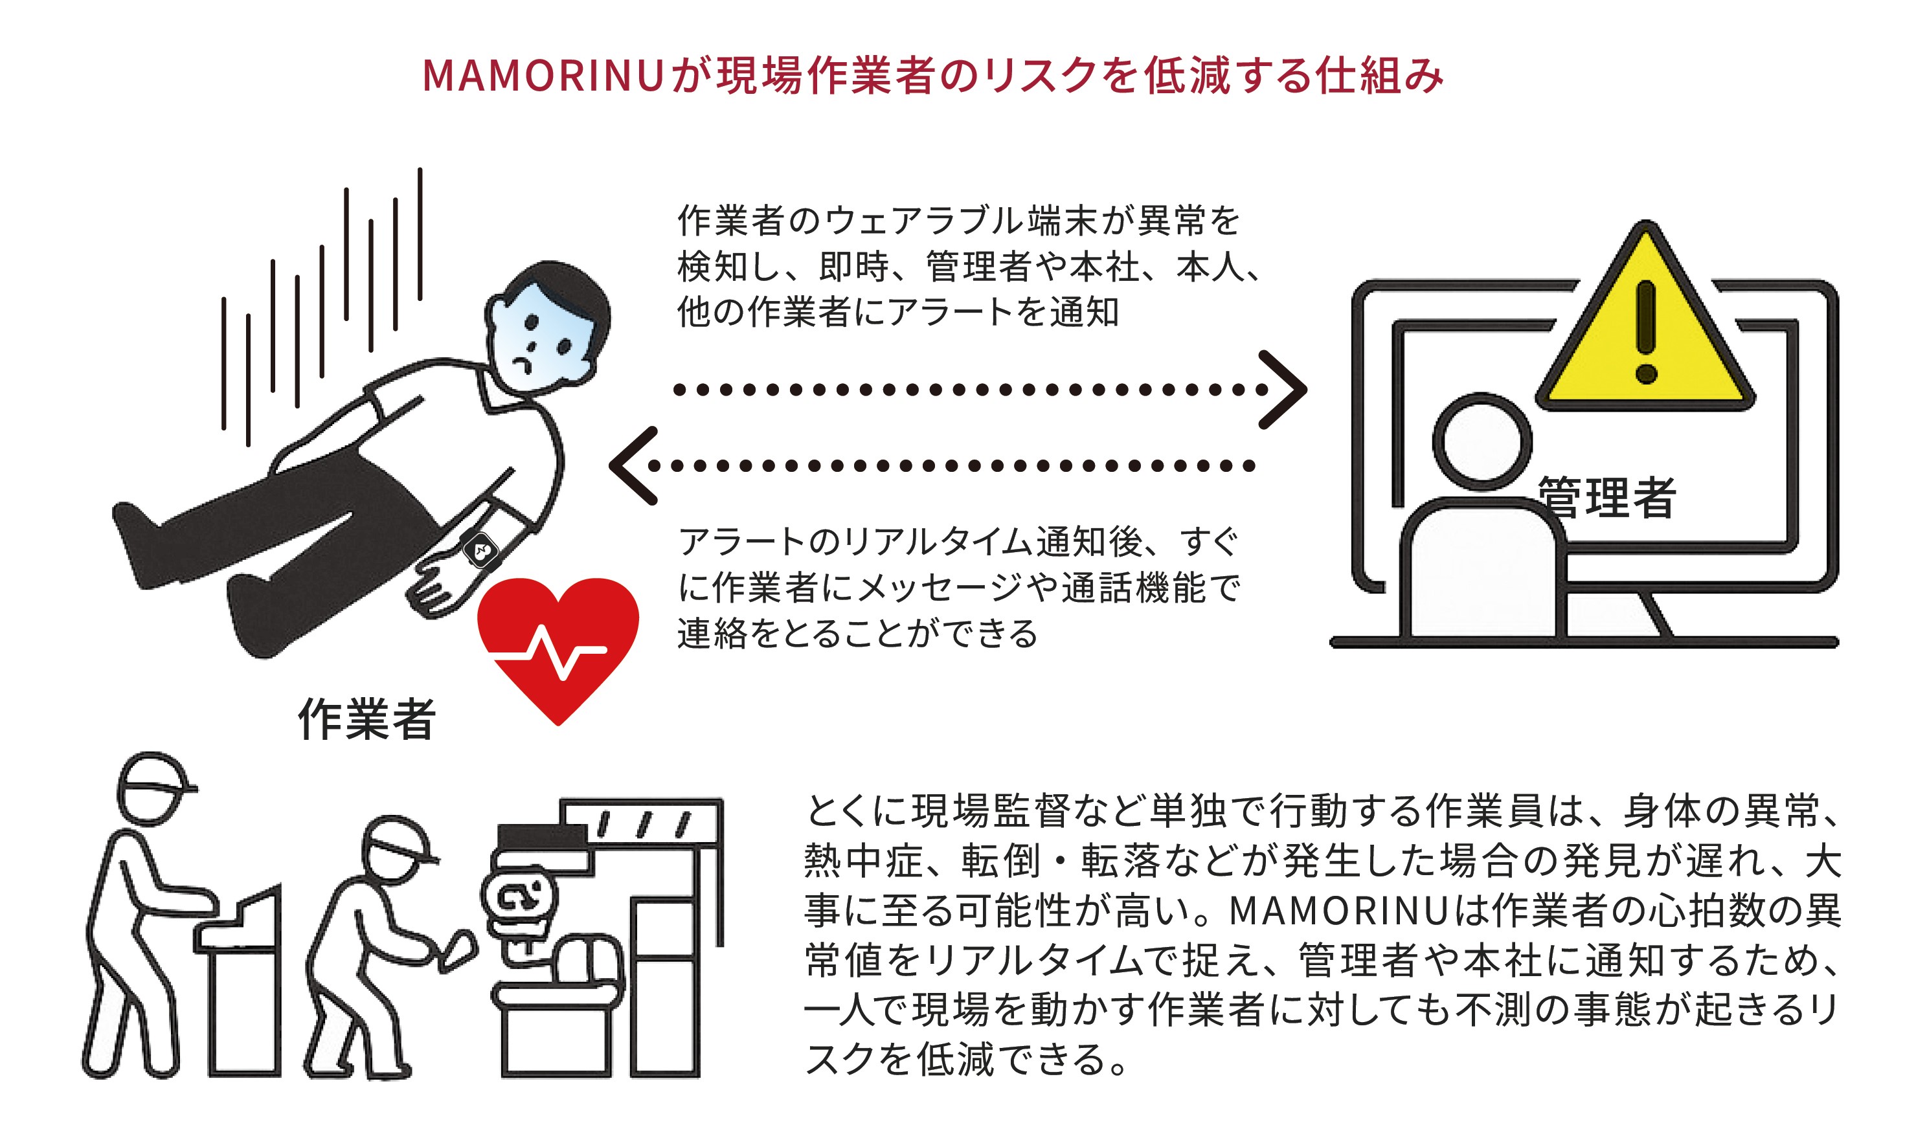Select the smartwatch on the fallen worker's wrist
481,549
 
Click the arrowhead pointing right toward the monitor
1283,390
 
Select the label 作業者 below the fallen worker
367,718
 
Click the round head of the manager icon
1482,442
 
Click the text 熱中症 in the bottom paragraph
862,861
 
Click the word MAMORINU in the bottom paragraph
1337,911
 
